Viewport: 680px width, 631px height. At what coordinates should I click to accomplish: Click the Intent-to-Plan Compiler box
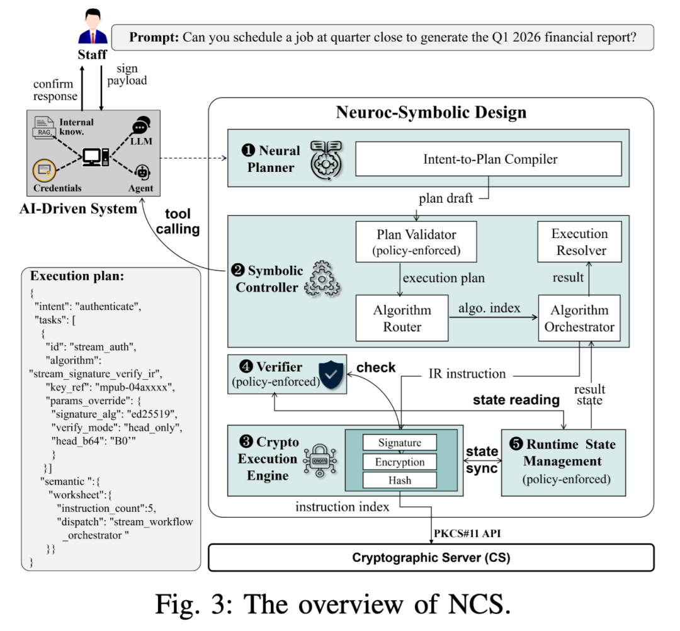coord(489,159)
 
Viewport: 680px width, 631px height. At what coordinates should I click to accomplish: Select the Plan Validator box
coord(416,242)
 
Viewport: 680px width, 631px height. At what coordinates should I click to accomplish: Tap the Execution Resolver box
coord(579,242)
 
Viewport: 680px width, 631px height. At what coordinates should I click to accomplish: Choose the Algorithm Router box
coord(402,318)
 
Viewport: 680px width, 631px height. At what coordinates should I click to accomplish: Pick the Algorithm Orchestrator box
coord(579,318)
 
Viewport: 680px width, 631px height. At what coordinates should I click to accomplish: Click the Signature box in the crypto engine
coord(399,442)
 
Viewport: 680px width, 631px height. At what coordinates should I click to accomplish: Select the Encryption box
coord(399,462)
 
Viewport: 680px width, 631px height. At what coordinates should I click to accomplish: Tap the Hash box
coord(399,480)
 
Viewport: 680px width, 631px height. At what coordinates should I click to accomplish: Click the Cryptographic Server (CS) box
coord(431,557)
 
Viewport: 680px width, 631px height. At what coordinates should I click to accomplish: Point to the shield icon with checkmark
coord(331,374)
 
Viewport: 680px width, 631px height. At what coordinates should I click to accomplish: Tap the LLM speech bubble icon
coord(141,125)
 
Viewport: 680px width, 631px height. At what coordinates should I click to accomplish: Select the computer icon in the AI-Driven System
coord(96,157)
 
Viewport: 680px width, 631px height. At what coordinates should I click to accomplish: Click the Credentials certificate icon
coord(44,170)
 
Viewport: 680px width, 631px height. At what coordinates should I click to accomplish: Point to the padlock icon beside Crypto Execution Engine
coord(320,460)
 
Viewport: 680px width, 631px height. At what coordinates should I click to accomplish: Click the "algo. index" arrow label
coord(489,308)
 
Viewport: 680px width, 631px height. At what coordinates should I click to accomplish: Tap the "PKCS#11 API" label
coord(467,533)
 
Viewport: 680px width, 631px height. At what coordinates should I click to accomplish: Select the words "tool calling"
coord(178,221)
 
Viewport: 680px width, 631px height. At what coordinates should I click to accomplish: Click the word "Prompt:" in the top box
coord(154,37)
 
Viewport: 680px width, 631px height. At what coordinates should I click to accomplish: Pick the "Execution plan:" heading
coord(77,276)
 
